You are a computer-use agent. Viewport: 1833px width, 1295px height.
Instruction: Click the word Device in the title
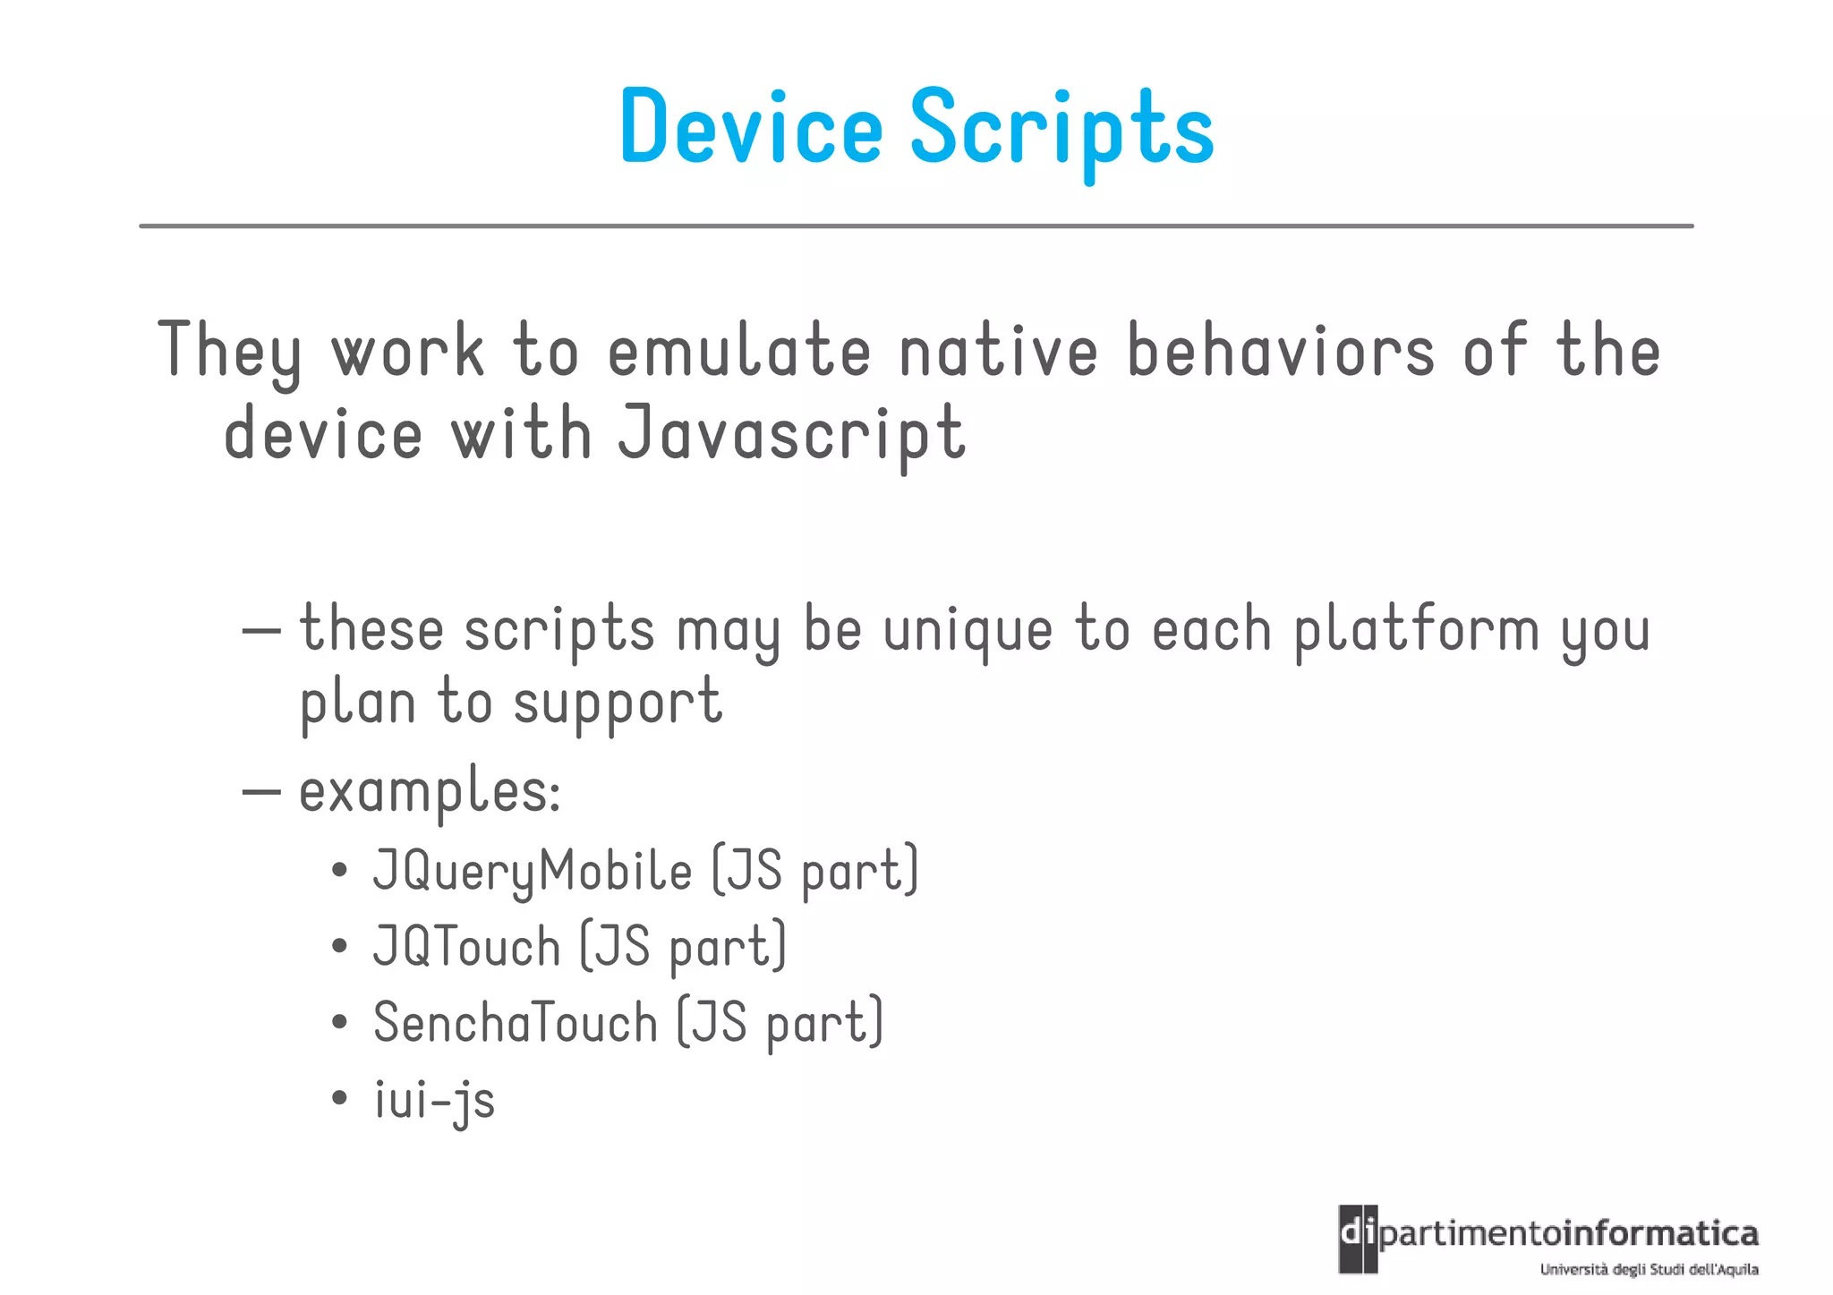pyautogui.click(x=751, y=127)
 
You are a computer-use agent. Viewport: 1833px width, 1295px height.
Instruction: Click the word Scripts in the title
pyautogui.click(x=1061, y=131)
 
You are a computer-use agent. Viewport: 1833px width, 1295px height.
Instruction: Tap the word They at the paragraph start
pyautogui.click(x=230, y=351)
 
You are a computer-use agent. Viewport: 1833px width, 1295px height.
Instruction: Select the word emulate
pyautogui.click(x=738, y=351)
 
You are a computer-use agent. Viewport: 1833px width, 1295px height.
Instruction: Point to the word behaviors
pyautogui.click(x=1281, y=351)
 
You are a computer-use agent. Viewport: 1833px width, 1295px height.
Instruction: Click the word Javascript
pyautogui.click(x=792, y=434)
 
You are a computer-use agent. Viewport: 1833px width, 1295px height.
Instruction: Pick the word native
pyautogui.click(x=998, y=351)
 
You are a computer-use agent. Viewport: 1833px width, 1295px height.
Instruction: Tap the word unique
pyautogui.click(x=968, y=630)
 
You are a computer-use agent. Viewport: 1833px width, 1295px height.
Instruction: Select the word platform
pyautogui.click(x=1417, y=630)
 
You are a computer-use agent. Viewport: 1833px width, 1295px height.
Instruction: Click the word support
pyautogui.click(x=618, y=703)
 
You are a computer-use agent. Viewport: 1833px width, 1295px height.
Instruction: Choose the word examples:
pyautogui.click(x=430, y=791)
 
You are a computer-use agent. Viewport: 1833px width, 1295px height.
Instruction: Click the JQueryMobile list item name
pyautogui.click(x=533, y=870)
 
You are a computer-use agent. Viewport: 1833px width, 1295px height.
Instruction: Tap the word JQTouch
pyautogui.click(x=466, y=946)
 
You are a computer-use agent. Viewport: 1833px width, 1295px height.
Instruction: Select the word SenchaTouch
pyautogui.click(x=516, y=1022)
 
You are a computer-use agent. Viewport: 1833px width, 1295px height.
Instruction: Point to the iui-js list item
pyautogui.click(x=434, y=1100)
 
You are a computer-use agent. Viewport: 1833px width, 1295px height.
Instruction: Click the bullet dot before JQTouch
pyautogui.click(x=338, y=947)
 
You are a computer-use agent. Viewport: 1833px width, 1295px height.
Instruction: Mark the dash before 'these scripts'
pyautogui.click(x=261, y=630)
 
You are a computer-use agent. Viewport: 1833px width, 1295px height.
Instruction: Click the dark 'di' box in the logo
pyautogui.click(x=1358, y=1239)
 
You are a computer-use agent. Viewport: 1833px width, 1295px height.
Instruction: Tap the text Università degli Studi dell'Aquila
pyautogui.click(x=1649, y=1269)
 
